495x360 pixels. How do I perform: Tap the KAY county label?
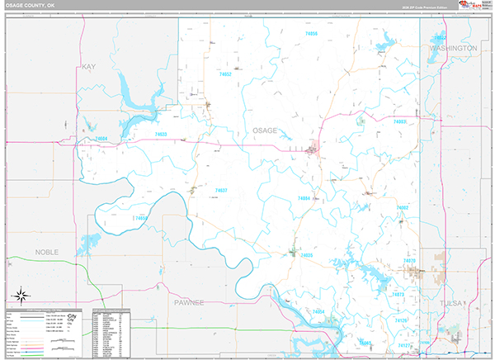coord(89,66)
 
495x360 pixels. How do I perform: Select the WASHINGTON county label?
coord(453,49)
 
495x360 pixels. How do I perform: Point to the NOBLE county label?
coord(47,249)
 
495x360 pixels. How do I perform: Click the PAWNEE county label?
coord(189,303)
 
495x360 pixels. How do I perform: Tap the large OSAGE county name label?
coord(264,130)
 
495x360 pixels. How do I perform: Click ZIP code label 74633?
coord(161,134)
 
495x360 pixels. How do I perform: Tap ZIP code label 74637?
coord(221,191)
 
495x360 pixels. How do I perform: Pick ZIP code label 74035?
coord(307,255)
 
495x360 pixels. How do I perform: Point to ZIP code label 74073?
coord(398,294)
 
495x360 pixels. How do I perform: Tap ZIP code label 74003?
coord(400,121)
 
